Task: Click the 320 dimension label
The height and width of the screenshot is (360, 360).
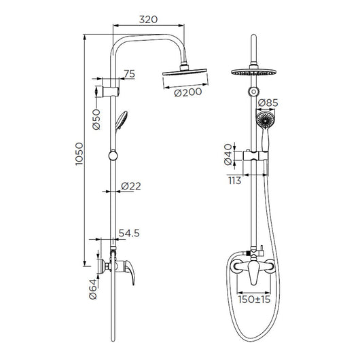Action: click(x=148, y=20)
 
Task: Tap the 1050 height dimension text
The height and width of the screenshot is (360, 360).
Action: click(x=79, y=154)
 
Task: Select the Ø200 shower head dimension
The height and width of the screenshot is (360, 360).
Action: click(x=188, y=92)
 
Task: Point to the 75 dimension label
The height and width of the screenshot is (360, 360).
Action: click(x=130, y=74)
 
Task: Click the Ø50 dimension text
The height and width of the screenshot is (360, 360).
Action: click(x=96, y=120)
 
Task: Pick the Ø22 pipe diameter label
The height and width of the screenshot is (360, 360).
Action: click(x=131, y=186)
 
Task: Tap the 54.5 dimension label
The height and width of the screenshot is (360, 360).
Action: click(x=129, y=233)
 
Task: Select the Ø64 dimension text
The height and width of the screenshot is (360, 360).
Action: click(x=93, y=289)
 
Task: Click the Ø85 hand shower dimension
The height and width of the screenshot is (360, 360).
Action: click(x=268, y=103)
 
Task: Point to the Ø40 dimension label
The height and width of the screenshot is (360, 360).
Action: click(x=228, y=154)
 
